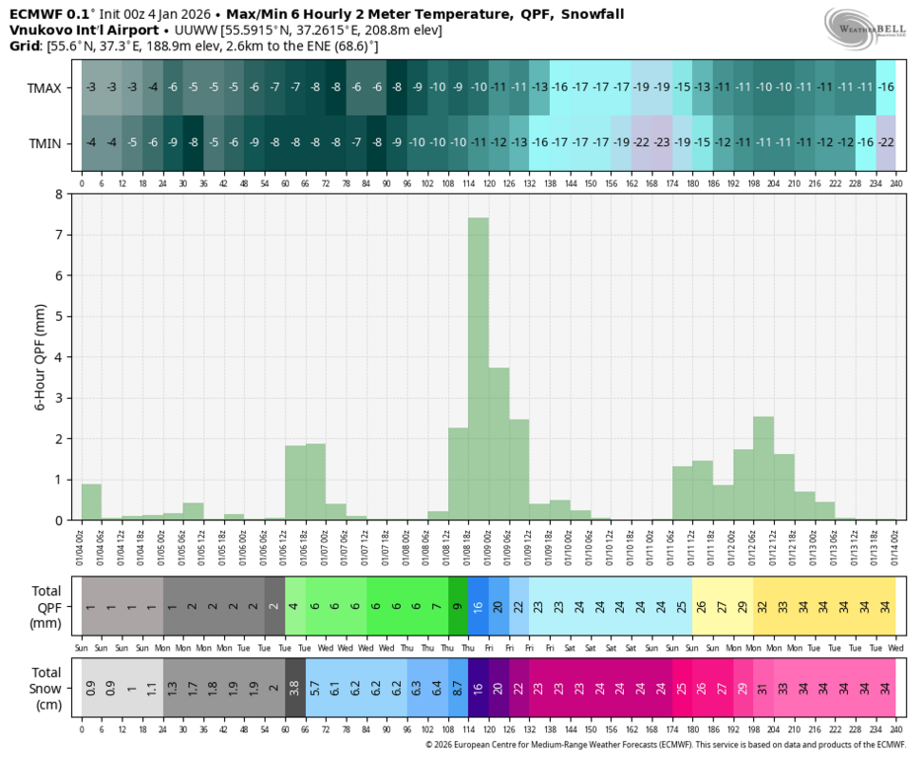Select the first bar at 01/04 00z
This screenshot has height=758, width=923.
(x=92, y=501)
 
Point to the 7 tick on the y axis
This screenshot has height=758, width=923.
(x=61, y=235)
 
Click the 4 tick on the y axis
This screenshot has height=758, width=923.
(x=61, y=357)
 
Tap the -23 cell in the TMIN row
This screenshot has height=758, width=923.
(x=661, y=143)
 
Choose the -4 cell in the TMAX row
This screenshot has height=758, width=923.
(x=153, y=88)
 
